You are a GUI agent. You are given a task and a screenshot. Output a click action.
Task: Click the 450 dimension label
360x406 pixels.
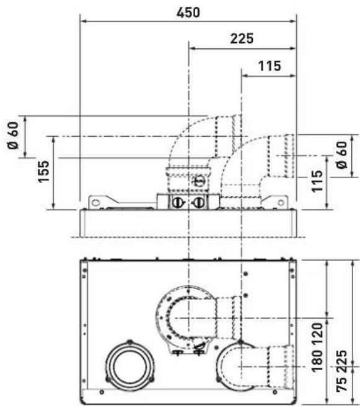pos(188,12)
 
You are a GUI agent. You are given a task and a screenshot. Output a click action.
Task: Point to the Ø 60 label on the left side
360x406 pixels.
pos(13,136)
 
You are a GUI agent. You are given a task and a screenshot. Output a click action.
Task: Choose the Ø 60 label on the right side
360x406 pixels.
pos(342,155)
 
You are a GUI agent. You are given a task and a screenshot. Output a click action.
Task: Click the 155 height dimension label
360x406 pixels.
pos(43,172)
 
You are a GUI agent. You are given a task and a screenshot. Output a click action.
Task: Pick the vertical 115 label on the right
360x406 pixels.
pos(317,181)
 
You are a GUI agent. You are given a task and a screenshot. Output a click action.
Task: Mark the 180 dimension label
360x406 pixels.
pos(317,360)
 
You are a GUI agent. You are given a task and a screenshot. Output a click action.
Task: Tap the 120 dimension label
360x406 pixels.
pos(317,334)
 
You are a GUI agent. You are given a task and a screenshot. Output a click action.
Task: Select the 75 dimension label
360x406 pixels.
pos(342,384)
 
